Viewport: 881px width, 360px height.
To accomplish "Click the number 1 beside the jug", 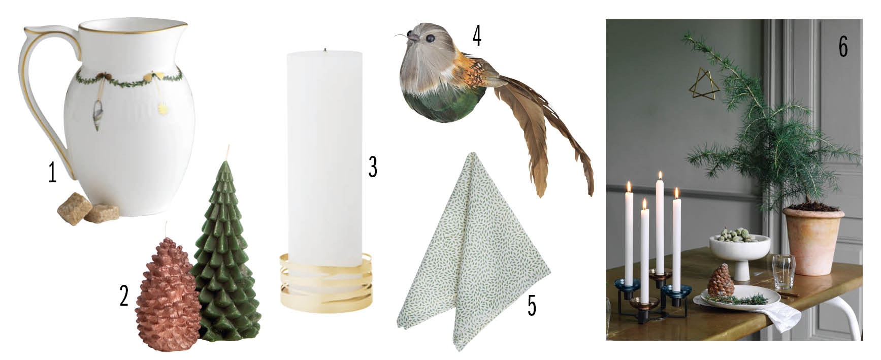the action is coord(52,173).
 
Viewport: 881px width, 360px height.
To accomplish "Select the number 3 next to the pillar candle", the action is coord(373,167).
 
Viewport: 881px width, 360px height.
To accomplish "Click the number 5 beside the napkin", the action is coord(532,305).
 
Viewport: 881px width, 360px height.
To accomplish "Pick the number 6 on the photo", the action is coord(843,48).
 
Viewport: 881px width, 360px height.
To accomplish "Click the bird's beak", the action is coord(413,37).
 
